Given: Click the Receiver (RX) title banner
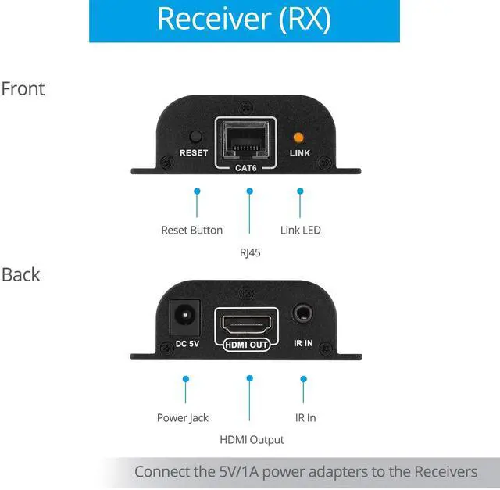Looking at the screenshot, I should click(x=244, y=19).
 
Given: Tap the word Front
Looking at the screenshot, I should click(x=23, y=88).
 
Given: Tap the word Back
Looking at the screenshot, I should click(x=21, y=275).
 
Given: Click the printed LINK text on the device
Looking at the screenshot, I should click(x=300, y=152).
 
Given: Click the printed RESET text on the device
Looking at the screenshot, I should click(x=194, y=152).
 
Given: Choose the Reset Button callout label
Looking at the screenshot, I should click(x=191, y=230).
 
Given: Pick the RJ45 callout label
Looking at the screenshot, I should click(x=251, y=252).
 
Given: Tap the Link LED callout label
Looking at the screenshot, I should click(x=301, y=230).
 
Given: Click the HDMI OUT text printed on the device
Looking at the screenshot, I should click(x=247, y=343).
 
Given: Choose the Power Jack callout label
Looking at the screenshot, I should click(x=183, y=417).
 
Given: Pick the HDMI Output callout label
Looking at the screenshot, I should click(x=252, y=440).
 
